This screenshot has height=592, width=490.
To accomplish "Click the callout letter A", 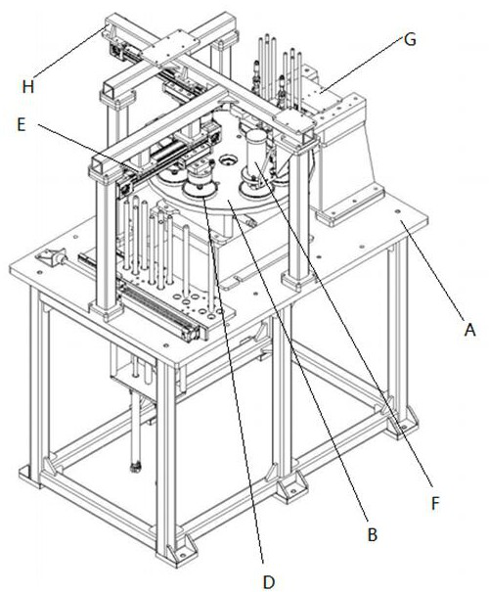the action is pyautogui.click(x=469, y=330).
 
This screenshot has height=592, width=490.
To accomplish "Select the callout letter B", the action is pyautogui.click(x=373, y=534).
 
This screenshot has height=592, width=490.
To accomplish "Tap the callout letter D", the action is pyautogui.click(x=268, y=582).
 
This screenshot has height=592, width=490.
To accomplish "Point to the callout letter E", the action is pyautogui.click(x=22, y=124).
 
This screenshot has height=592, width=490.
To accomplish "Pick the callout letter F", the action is pyautogui.click(x=435, y=503).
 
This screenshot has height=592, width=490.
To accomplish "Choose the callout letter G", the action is pyautogui.click(x=410, y=40).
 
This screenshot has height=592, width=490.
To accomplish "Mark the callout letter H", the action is pyautogui.click(x=28, y=87).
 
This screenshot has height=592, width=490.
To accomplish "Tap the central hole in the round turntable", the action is pyautogui.click(x=227, y=160).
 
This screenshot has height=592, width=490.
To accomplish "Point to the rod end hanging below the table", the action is pyautogui.click(x=135, y=467).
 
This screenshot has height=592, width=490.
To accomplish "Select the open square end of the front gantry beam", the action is pyautogui.click(x=100, y=166).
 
